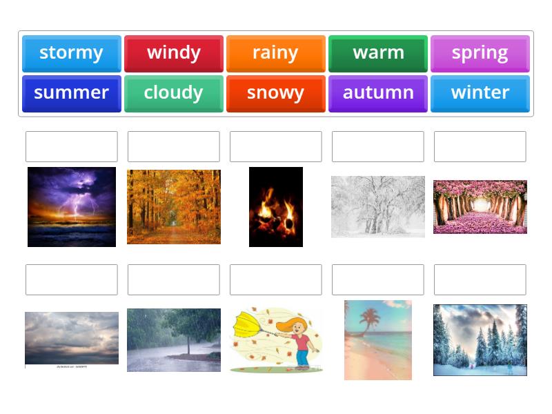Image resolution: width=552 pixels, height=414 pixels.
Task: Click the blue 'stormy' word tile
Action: coord(71,53)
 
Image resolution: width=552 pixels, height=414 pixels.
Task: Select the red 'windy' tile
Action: coord(173,53)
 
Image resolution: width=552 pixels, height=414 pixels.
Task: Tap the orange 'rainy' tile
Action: coord(275,53)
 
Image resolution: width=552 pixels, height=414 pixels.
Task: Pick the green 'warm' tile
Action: coord(377,53)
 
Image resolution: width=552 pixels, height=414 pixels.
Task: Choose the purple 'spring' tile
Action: coord(480,53)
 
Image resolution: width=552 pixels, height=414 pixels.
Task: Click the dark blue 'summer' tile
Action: coord(71,93)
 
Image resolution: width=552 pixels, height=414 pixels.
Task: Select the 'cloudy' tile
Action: coord(173,93)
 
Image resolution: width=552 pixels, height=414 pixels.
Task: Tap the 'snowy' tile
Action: coord(275,93)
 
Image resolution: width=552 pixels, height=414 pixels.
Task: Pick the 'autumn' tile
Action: coord(377,93)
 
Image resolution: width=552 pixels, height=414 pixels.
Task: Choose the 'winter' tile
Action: coord(480,93)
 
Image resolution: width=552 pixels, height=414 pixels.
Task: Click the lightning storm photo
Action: coord(72,206)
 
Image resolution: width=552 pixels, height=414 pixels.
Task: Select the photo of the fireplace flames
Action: coord(276,206)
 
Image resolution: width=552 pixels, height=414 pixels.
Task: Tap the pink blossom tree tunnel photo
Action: coord(480,207)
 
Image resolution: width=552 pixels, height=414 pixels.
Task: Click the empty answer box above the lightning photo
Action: coord(72,146)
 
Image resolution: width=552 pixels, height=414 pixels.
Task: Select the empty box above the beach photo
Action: coord(377,279)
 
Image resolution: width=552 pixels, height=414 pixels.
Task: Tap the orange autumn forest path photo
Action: coord(174,206)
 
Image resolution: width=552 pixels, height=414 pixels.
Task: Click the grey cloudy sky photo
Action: coord(72,338)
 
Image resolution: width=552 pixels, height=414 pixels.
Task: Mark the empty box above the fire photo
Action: coord(276,146)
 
